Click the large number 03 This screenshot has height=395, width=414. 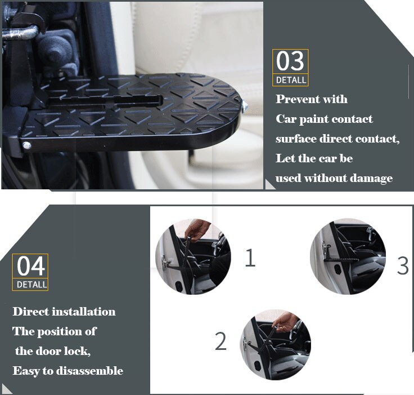(290, 61)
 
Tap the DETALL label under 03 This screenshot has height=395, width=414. (291, 80)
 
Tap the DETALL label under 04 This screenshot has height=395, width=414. (31, 285)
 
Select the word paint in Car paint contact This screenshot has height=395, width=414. (318, 119)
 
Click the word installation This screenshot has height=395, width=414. (84, 312)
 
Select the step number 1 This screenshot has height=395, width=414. (250, 258)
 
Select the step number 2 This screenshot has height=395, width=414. (220, 341)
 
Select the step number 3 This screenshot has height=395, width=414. (402, 265)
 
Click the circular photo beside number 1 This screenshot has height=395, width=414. (192, 257)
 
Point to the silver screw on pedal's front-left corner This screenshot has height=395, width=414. (26, 146)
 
